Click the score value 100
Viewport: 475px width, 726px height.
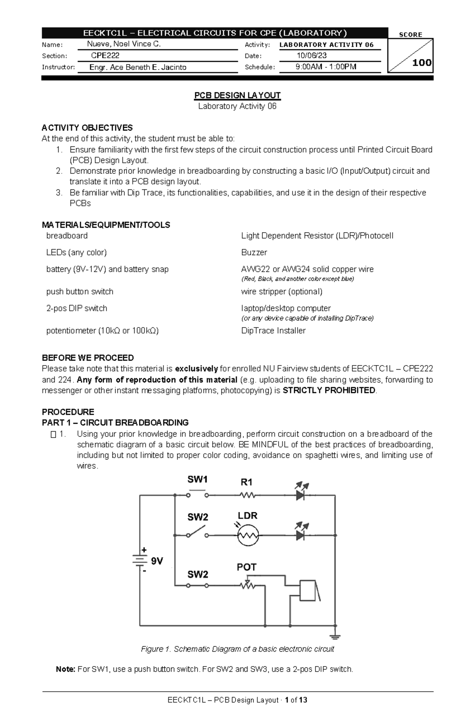pos(422,63)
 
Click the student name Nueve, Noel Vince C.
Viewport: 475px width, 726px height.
pos(124,44)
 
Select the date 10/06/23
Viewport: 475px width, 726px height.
pos(312,56)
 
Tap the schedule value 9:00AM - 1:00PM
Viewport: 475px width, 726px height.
pos(326,67)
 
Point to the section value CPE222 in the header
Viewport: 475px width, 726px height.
pos(105,56)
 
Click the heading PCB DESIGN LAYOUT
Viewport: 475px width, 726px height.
pos(237,95)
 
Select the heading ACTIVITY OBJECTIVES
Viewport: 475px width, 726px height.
pos(87,128)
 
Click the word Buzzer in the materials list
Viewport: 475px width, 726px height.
pos(254,252)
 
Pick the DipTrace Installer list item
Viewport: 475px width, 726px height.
pos(273,331)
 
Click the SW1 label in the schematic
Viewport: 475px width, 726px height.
pos(197,480)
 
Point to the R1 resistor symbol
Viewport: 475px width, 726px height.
pos(247,495)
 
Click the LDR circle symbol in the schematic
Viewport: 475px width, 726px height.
pos(248,536)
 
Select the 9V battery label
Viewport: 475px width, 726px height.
pos(157,561)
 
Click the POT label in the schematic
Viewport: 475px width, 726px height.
pos(246,567)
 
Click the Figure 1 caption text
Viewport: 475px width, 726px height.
pos(237,649)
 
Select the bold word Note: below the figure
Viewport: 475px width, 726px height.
pos(65,669)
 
